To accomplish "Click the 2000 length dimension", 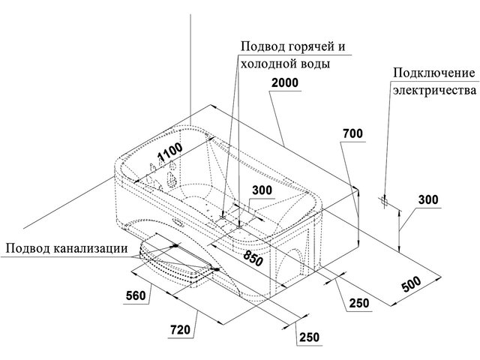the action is pyautogui.click(x=285, y=82).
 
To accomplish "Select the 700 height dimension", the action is pyautogui.click(x=352, y=133).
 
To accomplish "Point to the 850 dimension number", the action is pyautogui.click(x=253, y=256).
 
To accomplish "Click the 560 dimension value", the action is pyautogui.click(x=136, y=295).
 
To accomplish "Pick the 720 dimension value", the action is pyautogui.click(x=180, y=330).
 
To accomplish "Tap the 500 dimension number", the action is pyautogui.click(x=411, y=284).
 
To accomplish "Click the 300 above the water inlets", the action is pyautogui.click(x=262, y=190).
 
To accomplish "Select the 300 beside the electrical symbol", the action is pyautogui.click(x=428, y=200).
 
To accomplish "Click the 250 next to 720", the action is pyautogui.click(x=310, y=337).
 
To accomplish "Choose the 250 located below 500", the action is pyautogui.click(x=359, y=303).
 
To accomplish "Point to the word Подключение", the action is pyautogui.click(x=434, y=73).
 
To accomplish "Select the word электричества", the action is pyautogui.click(x=435, y=91).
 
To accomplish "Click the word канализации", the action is pyautogui.click(x=90, y=248).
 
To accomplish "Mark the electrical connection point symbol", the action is pyautogui.click(x=384, y=201).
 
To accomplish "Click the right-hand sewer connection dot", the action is pyautogui.click(x=217, y=269).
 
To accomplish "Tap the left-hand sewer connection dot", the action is pyautogui.click(x=175, y=245).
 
